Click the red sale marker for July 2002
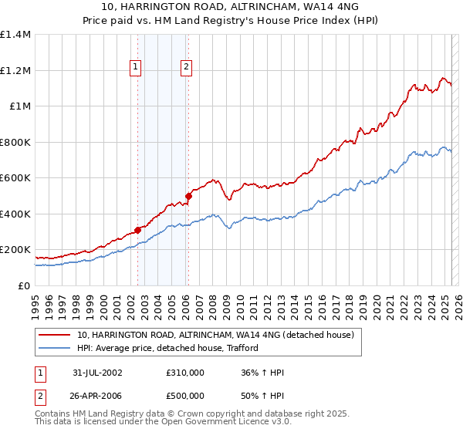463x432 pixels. coord(138,230)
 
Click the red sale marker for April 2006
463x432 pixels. coord(188,196)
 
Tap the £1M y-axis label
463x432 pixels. coord(19,106)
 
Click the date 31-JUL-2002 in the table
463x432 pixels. coord(97,373)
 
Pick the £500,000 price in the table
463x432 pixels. coord(185,396)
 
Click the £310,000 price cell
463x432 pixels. coord(185,373)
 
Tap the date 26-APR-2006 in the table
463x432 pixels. coord(97,396)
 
